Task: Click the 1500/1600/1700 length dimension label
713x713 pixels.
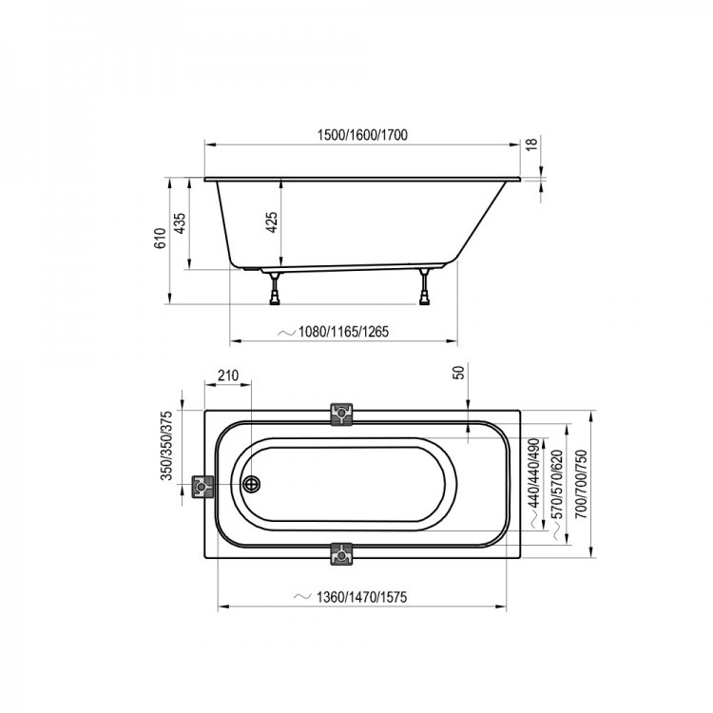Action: (x=362, y=135)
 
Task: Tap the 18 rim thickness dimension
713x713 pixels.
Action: (x=531, y=144)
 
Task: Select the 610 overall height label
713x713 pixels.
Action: (x=160, y=239)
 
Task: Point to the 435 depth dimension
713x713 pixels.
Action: (x=181, y=223)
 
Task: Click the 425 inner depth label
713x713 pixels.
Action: (x=272, y=222)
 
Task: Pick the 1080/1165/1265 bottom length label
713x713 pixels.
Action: (x=343, y=332)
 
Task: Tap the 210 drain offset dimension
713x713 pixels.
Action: (x=228, y=376)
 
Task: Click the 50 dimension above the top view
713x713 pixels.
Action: (x=460, y=373)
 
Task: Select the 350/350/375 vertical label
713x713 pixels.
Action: (x=166, y=446)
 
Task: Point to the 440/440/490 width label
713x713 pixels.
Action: (x=534, y=472)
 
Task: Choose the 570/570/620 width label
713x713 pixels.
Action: (x=557, y=484)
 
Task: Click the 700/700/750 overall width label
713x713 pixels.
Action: (x=581, y=484)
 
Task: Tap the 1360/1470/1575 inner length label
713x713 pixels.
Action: (x=361, y=597)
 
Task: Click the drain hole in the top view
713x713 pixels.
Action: (x=251, y=484)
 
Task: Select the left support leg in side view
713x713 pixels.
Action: (x=275, y=288)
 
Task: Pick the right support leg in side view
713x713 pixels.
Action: (x=424, y=287)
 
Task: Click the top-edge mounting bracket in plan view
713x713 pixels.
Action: (x=341, y=414)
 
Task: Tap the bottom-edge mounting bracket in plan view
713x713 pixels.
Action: (x=341, y=554)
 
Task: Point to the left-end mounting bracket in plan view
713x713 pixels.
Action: (x=202, y=487)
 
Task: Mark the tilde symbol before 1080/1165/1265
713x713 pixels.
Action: (x=286, y=333)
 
